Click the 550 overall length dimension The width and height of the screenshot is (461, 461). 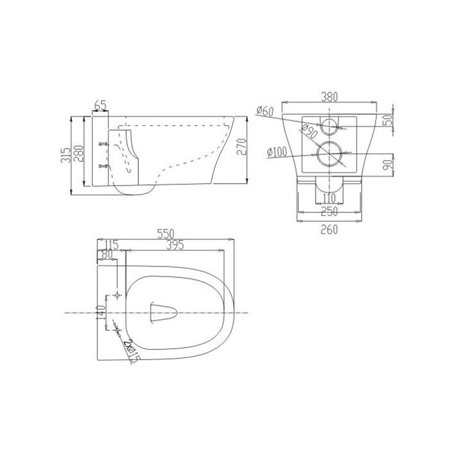(166, 234)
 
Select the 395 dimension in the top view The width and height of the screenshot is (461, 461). (175, 245)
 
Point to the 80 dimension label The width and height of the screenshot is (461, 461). (106, 254)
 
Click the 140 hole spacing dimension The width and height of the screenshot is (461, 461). (101, 314)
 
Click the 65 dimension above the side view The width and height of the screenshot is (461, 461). (101, 105)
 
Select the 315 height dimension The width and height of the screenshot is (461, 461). (66, 155)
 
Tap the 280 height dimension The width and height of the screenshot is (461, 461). (79, 154)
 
